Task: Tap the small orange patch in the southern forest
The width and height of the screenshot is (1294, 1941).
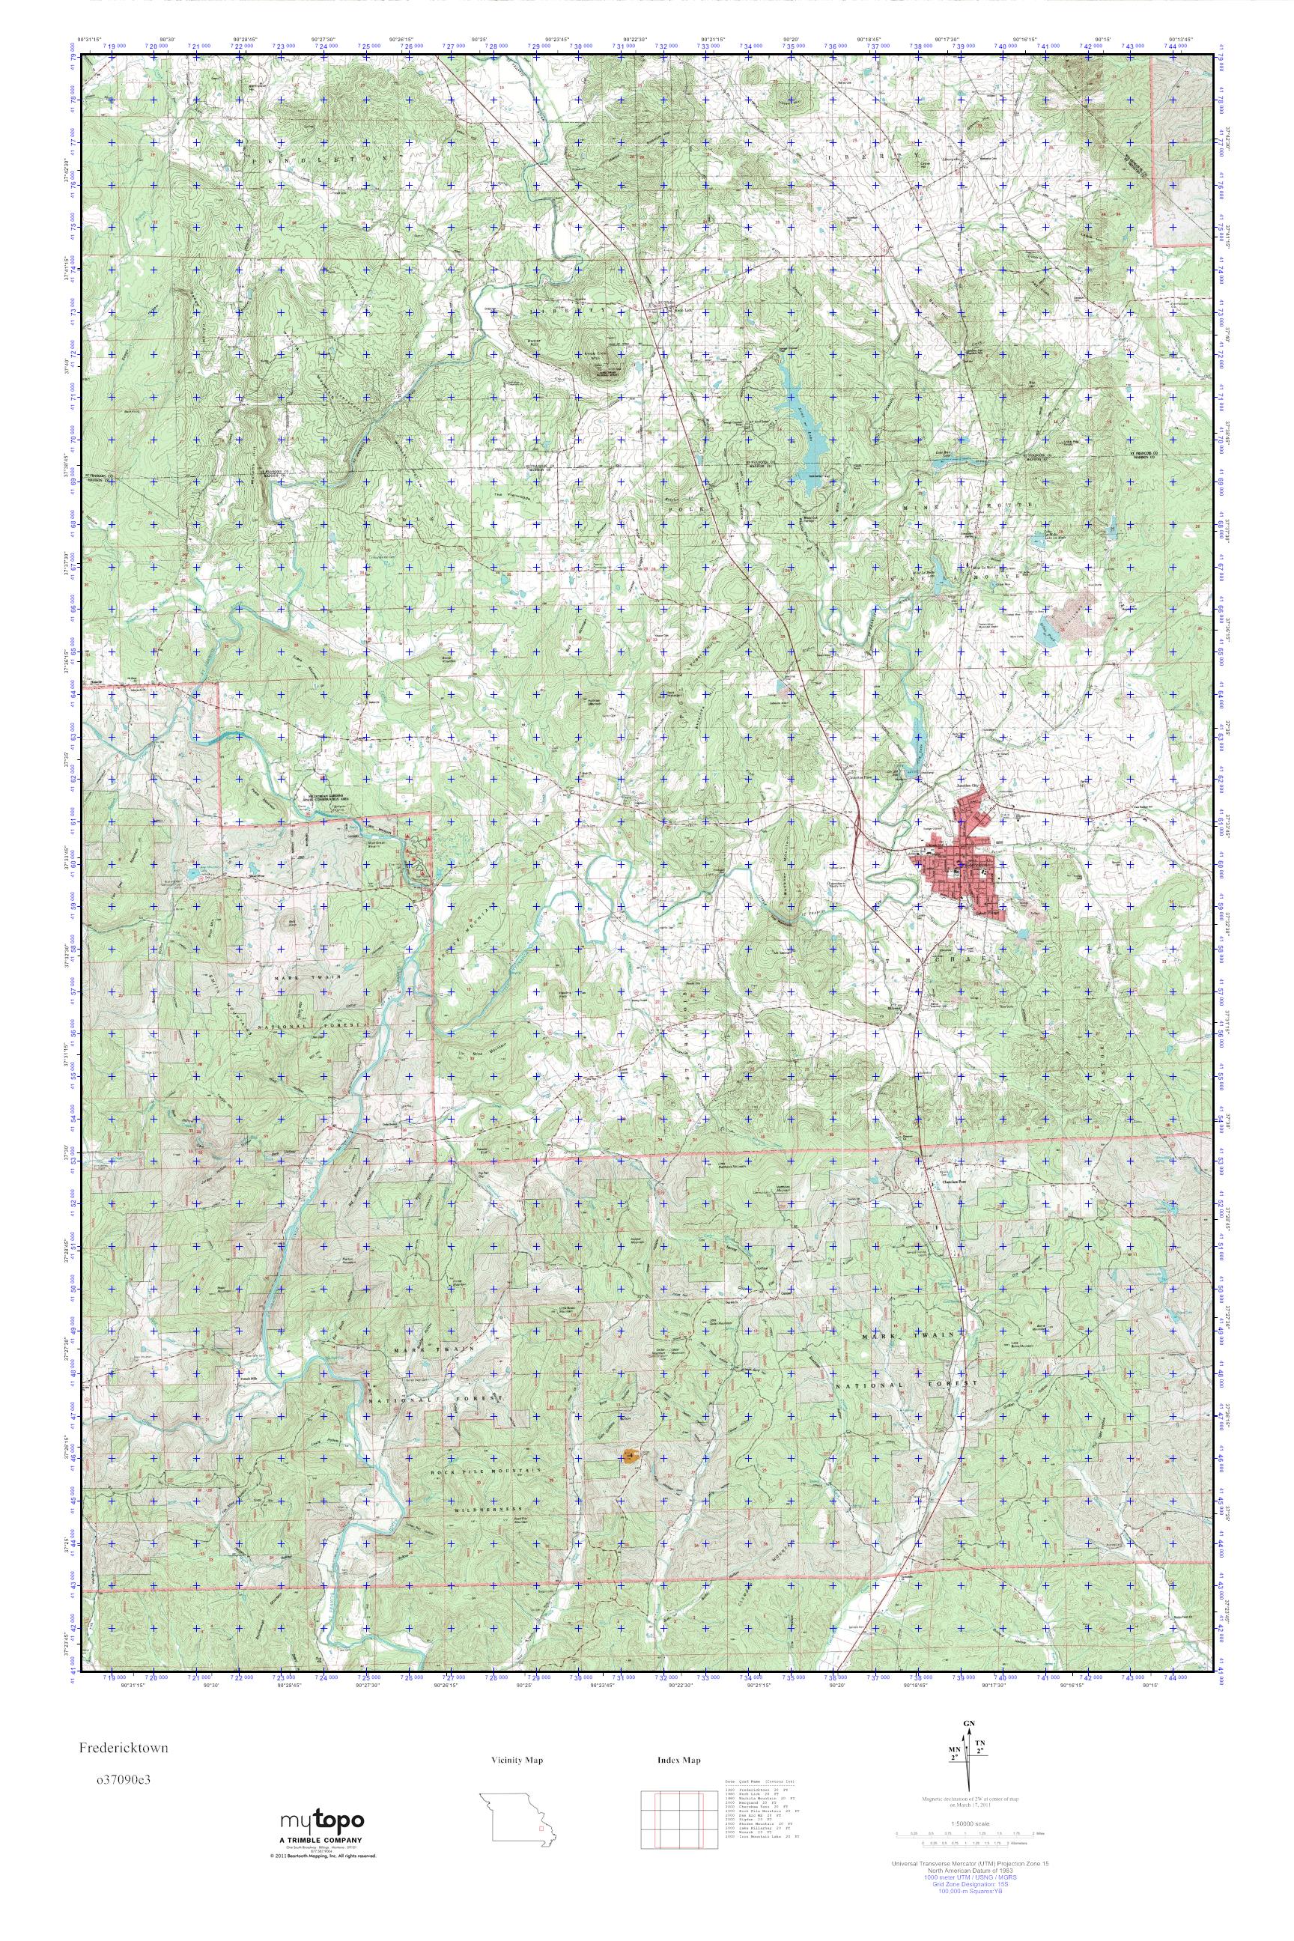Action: coord(632,1456)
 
